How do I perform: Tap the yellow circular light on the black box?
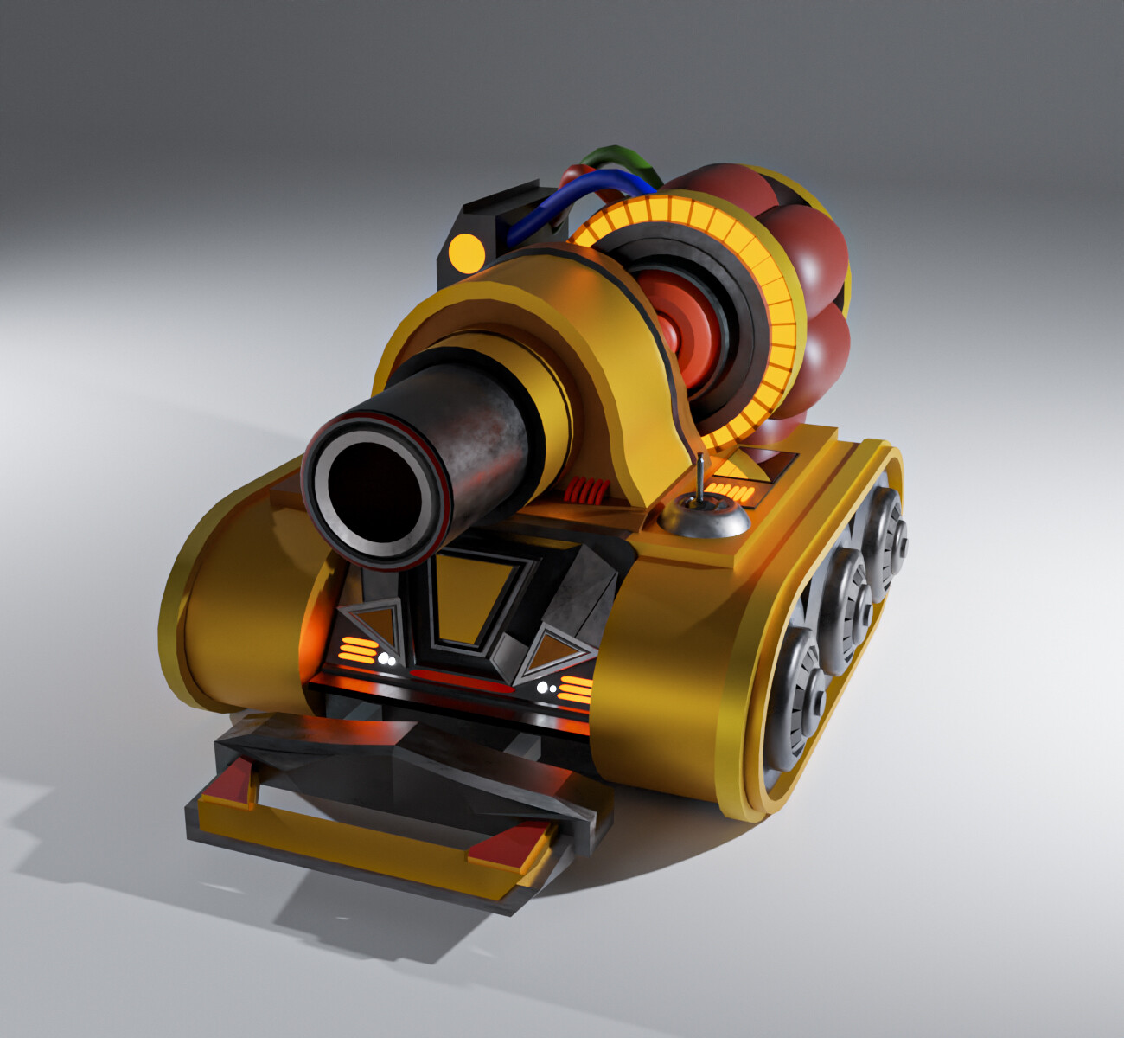tap(467, 251)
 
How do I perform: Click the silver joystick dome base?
tap(704, 520)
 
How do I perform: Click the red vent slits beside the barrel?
tap(587, 492)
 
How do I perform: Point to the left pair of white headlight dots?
tap(386, 659)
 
